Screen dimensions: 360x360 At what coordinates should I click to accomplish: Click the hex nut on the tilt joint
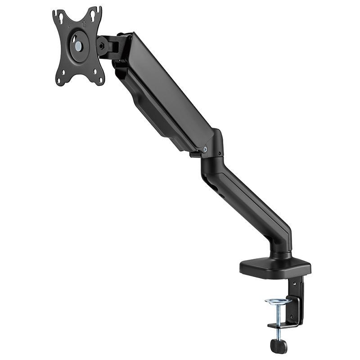(101, 45)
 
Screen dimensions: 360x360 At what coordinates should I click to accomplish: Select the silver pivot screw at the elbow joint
(205, 149)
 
